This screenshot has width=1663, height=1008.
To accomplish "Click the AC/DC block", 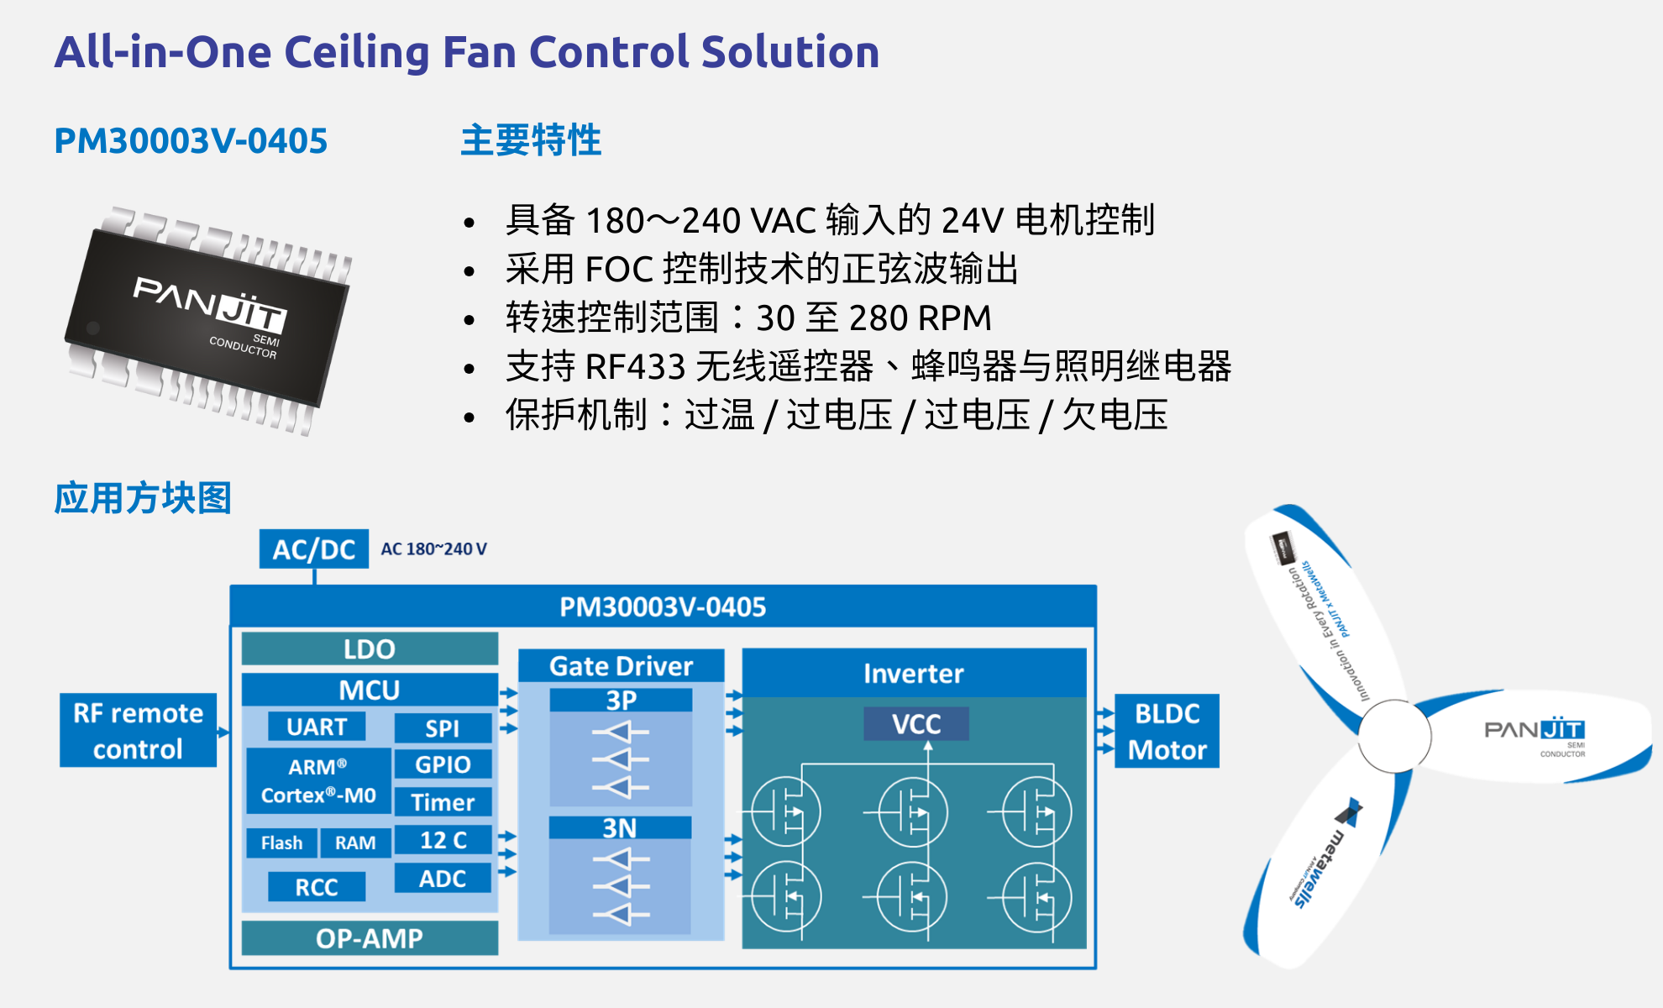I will tap(313, 549).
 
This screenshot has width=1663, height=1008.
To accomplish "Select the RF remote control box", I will tap(138, 730).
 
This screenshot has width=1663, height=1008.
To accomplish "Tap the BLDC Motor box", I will tap(1167, 731).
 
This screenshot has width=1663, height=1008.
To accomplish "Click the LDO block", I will tap(370, 649).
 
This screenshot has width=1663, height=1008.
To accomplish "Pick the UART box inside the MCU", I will tap(317, 727).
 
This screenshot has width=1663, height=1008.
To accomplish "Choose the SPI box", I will tap(443, 728).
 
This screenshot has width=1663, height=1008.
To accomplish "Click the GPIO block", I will tap(443, 764).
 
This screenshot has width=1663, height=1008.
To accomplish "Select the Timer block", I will tap(443, 802).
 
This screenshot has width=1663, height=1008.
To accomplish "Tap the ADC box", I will tap(443, 879).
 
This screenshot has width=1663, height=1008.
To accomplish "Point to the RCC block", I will tap(317, 887).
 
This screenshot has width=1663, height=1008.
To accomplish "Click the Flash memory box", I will tap(281, 843).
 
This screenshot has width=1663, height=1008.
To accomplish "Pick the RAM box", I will tap(355, 843).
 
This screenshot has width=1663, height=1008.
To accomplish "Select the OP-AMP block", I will tap(370, 938).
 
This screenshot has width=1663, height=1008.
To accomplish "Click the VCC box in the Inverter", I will tap(916, 724).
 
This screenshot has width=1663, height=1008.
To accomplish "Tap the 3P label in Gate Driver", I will tap(621, 700).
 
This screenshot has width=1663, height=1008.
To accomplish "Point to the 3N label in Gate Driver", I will tap(620, 828).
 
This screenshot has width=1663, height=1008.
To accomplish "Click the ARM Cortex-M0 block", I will tap(318, 781).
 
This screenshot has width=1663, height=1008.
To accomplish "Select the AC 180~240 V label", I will tap(433, 549).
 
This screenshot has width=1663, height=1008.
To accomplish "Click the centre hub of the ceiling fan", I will tap(1394, 736).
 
